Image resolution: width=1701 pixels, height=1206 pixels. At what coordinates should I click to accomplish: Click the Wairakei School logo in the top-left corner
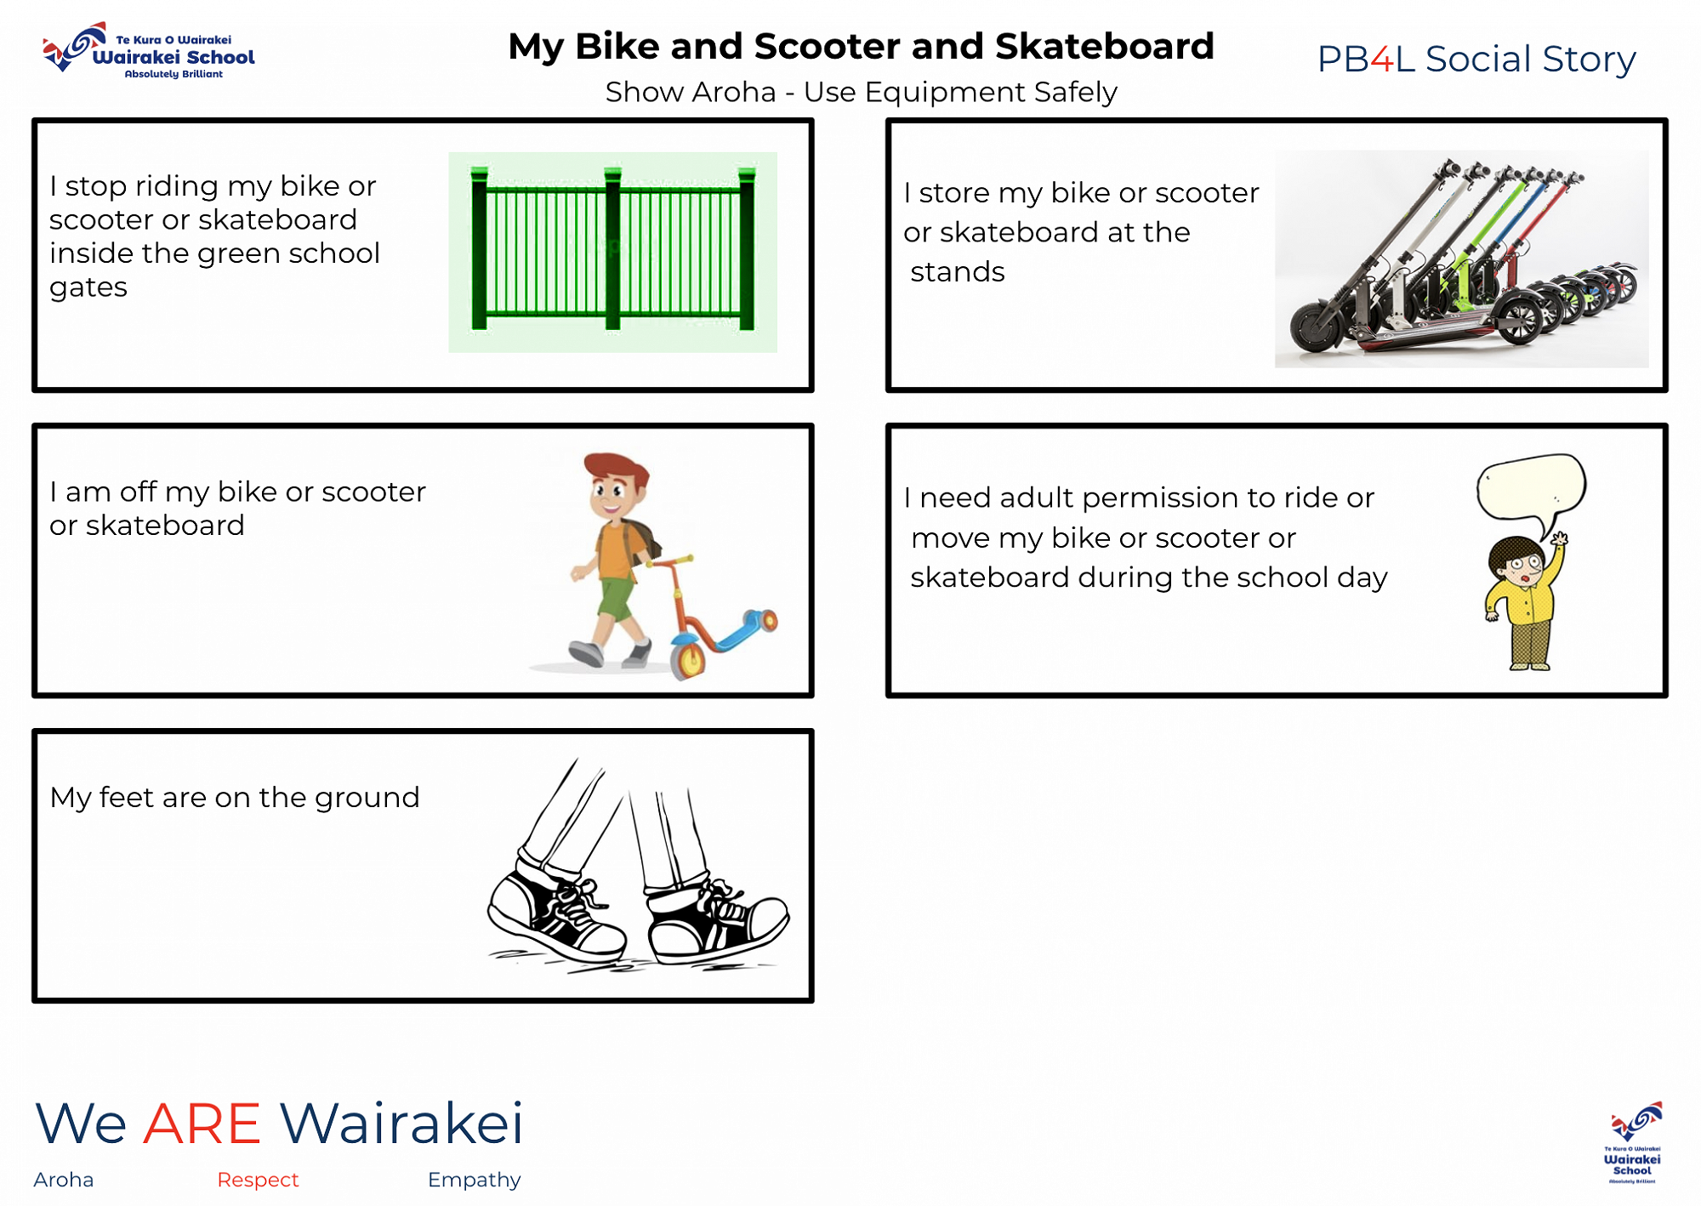pos(149,51)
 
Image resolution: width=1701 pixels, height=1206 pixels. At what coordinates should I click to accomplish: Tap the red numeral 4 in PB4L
pos(1382,60)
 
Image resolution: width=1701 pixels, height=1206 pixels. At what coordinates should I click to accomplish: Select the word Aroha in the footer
pos(64,1180)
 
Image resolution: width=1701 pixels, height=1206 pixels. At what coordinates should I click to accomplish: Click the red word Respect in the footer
pos(258,1180)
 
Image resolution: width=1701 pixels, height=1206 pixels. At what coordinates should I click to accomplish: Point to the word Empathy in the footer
pos(474,1180)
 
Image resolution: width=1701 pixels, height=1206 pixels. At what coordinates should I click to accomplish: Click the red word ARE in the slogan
pos(202,1124)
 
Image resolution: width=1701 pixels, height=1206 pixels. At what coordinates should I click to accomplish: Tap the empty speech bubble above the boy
pos(1532,489)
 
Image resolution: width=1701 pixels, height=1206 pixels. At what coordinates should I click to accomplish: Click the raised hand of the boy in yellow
pos(1559,538)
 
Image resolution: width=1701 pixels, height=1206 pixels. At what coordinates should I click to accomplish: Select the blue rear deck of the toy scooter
pos(740,629)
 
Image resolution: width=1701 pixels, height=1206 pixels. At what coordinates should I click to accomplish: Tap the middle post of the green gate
pos(612,248)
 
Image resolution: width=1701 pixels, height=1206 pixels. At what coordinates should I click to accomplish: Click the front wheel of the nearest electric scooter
pos(1318,327)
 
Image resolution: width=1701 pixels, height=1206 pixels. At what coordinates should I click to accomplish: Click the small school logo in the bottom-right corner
pos(1633,1142)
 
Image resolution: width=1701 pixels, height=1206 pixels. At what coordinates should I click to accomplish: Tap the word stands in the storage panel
pos(958,272)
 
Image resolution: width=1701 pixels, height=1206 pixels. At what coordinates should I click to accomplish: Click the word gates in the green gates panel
pos(88,288)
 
